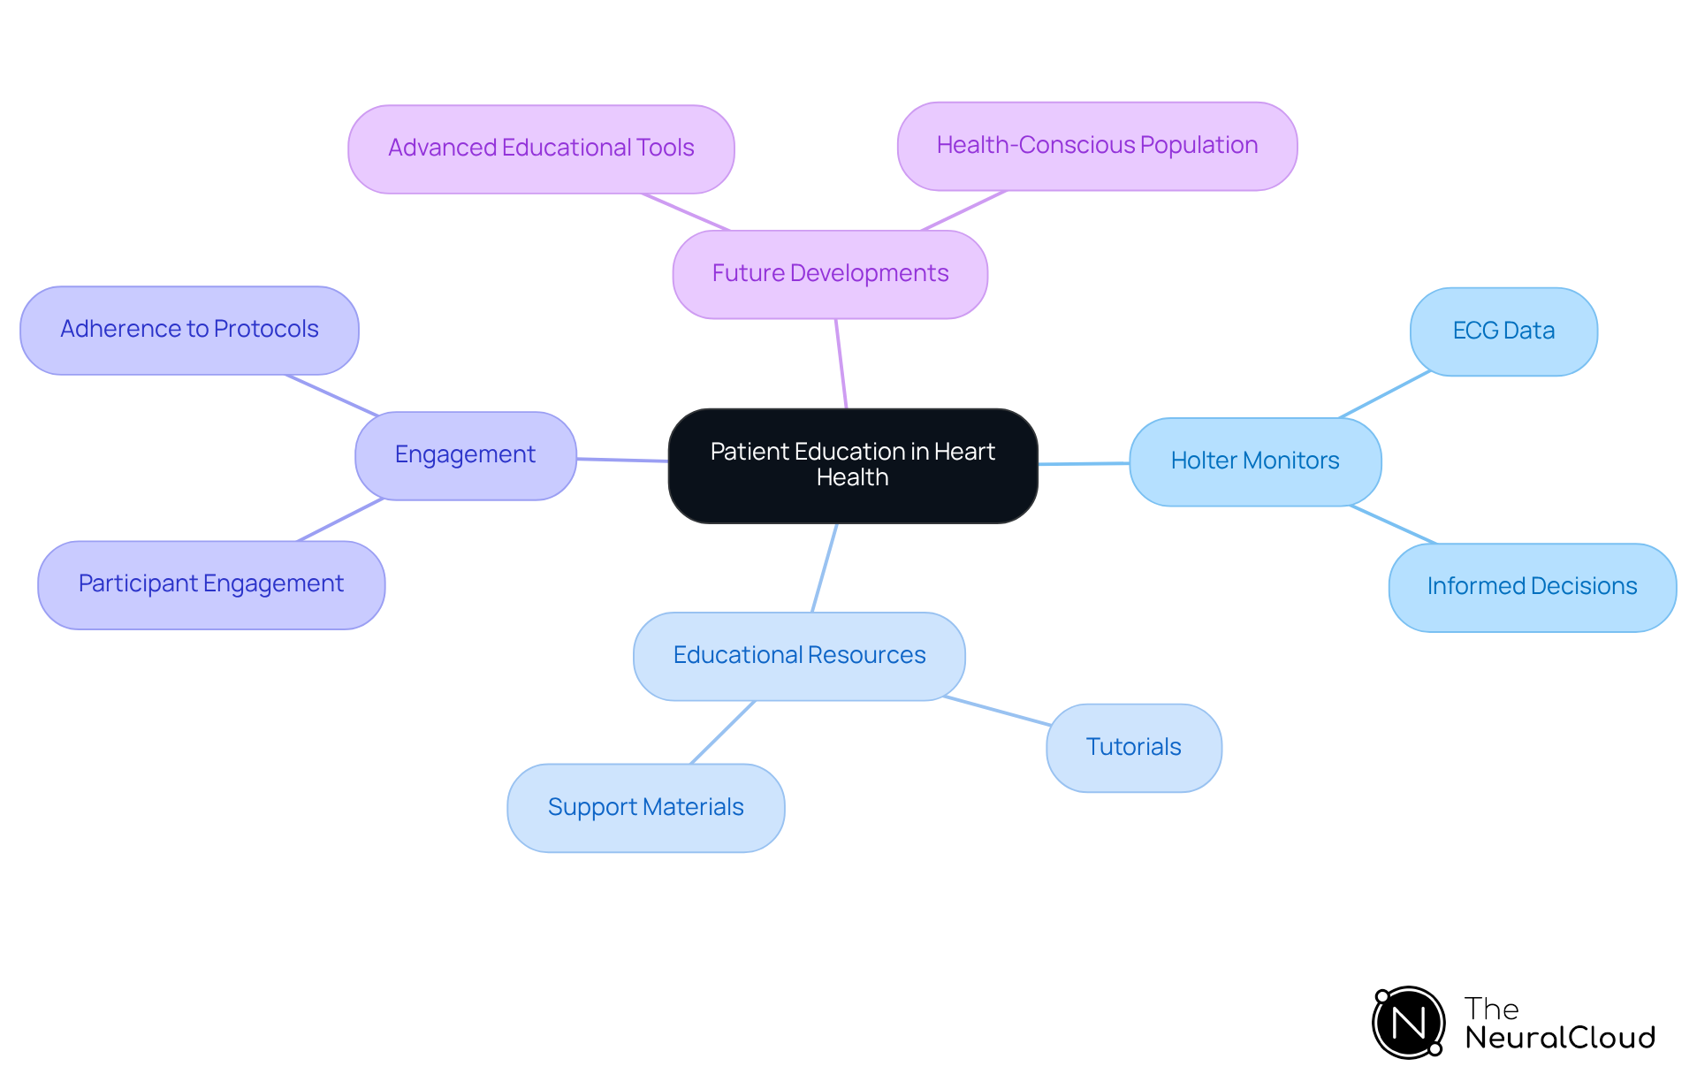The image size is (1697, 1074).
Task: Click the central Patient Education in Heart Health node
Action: (852, 465)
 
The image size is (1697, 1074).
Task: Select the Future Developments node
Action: (830, 274)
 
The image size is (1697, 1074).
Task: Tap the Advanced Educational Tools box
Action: (541, 149)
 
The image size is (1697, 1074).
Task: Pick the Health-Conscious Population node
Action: (1097, 146)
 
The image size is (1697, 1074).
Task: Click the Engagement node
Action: (465, 455)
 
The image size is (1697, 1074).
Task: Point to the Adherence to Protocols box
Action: (189, 330)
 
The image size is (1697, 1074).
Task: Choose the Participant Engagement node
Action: (211, 584)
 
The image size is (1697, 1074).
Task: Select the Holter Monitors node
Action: (1254, 461)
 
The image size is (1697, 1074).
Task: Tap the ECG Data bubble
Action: (1503, 331)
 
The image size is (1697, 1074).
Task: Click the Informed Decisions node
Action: (1532, 587)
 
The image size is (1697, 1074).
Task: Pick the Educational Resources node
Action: (799, 656)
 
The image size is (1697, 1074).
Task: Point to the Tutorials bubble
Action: (1133, 748)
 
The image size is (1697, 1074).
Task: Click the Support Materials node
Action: (645, 808)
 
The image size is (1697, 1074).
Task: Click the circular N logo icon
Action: (1408, 1023)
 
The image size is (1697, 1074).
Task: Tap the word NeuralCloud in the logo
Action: (1559, 1038)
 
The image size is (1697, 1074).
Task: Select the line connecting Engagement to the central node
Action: (622, 460)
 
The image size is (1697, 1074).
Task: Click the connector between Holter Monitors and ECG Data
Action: (1384, 394)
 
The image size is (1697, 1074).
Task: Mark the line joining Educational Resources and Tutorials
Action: (997, 711)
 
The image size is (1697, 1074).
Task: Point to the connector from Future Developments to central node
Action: (841, 363)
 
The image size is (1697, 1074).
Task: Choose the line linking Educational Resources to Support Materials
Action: (723, 732)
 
